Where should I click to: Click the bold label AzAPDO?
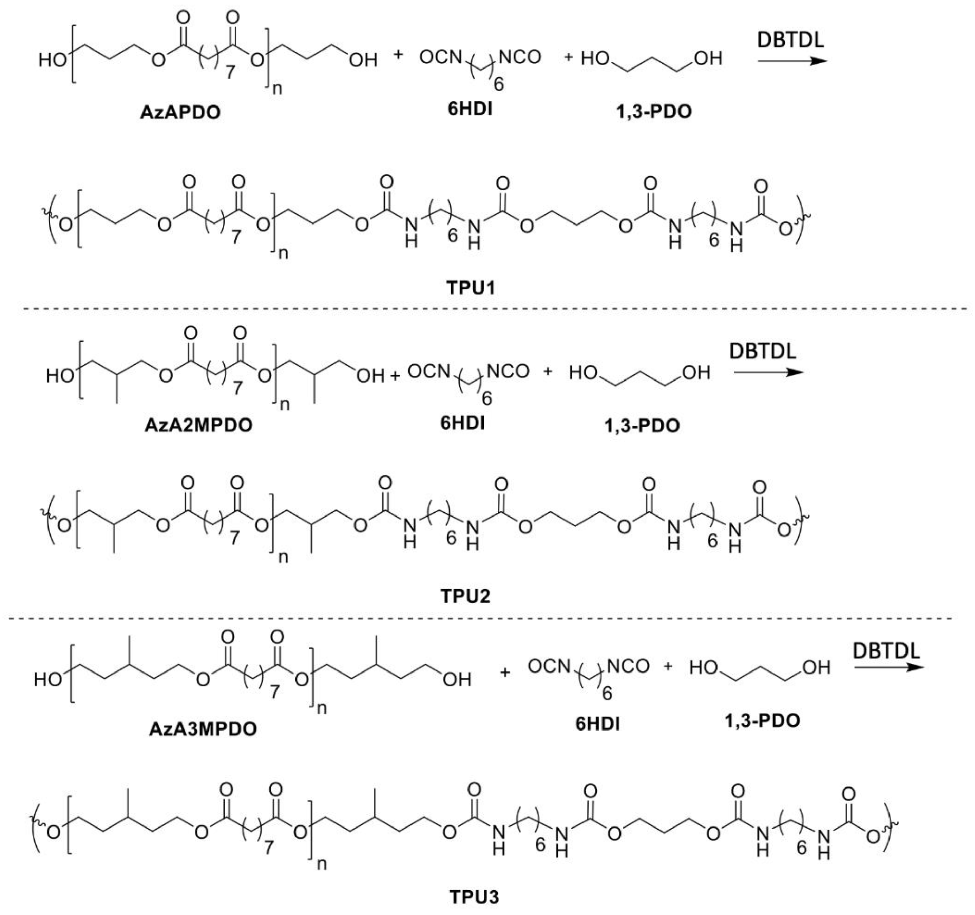(x=180, y=112)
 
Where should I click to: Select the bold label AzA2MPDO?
(x=198, y=425)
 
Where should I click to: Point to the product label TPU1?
(x=471, y=288)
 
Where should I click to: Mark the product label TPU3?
(x=474, y=897)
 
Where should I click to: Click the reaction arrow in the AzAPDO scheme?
(x=792, y=61)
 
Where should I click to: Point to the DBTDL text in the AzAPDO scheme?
(x=790, y=40)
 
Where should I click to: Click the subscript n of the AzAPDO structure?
(x=277, y=90)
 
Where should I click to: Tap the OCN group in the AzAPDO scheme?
(x=440, y=57)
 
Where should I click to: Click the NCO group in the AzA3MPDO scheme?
(x=628, y=666)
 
